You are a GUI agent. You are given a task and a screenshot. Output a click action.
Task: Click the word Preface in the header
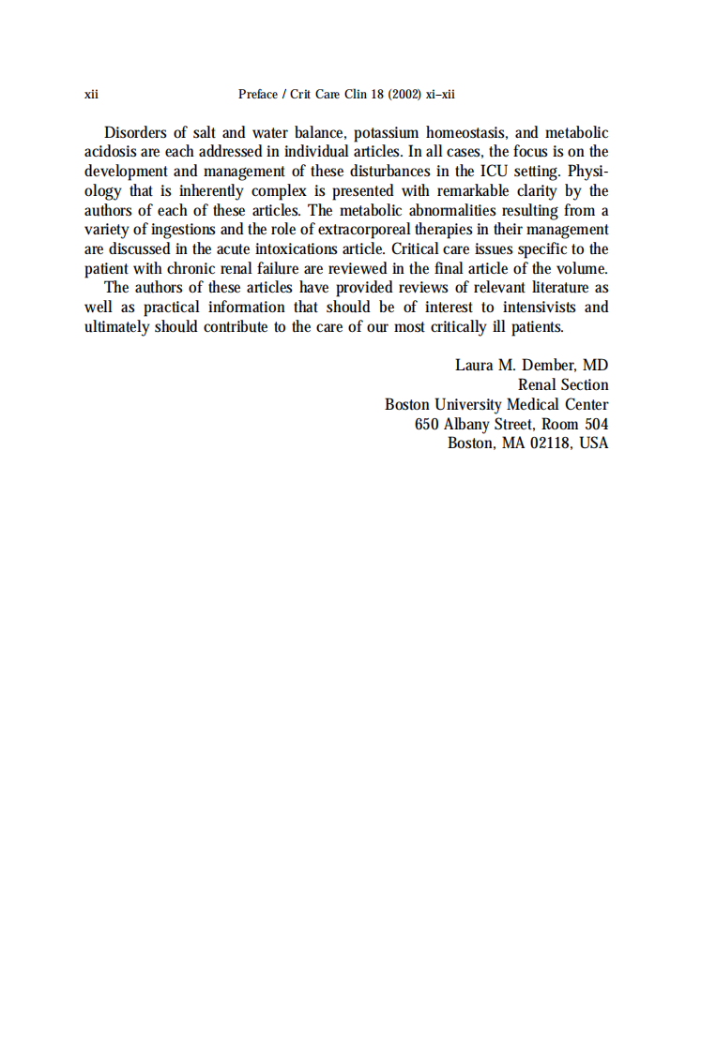[x=258, y=95]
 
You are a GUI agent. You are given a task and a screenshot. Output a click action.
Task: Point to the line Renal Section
[x=563, y=384]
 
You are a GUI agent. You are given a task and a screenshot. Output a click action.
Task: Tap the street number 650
[x=428, y=424]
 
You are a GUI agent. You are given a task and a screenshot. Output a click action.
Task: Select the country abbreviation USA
[x=593, y=443]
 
